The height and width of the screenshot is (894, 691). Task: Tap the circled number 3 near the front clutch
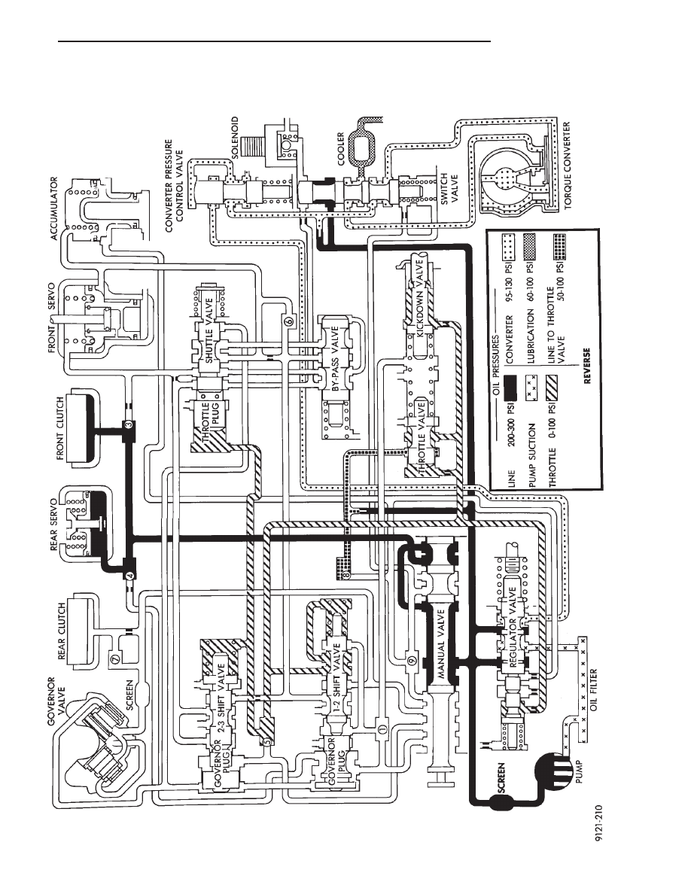pyautogui.click(x=128, y=424)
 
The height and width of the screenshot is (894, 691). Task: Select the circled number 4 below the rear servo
pyautogui.click(x=129, y=576)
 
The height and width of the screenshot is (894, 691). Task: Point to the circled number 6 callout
pyautogui.click(x=288, y=321)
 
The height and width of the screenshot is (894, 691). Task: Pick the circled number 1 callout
pyautogui.click(x=382, y=728)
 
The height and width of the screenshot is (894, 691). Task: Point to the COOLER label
pyautogui.click(x=341, y=148)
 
